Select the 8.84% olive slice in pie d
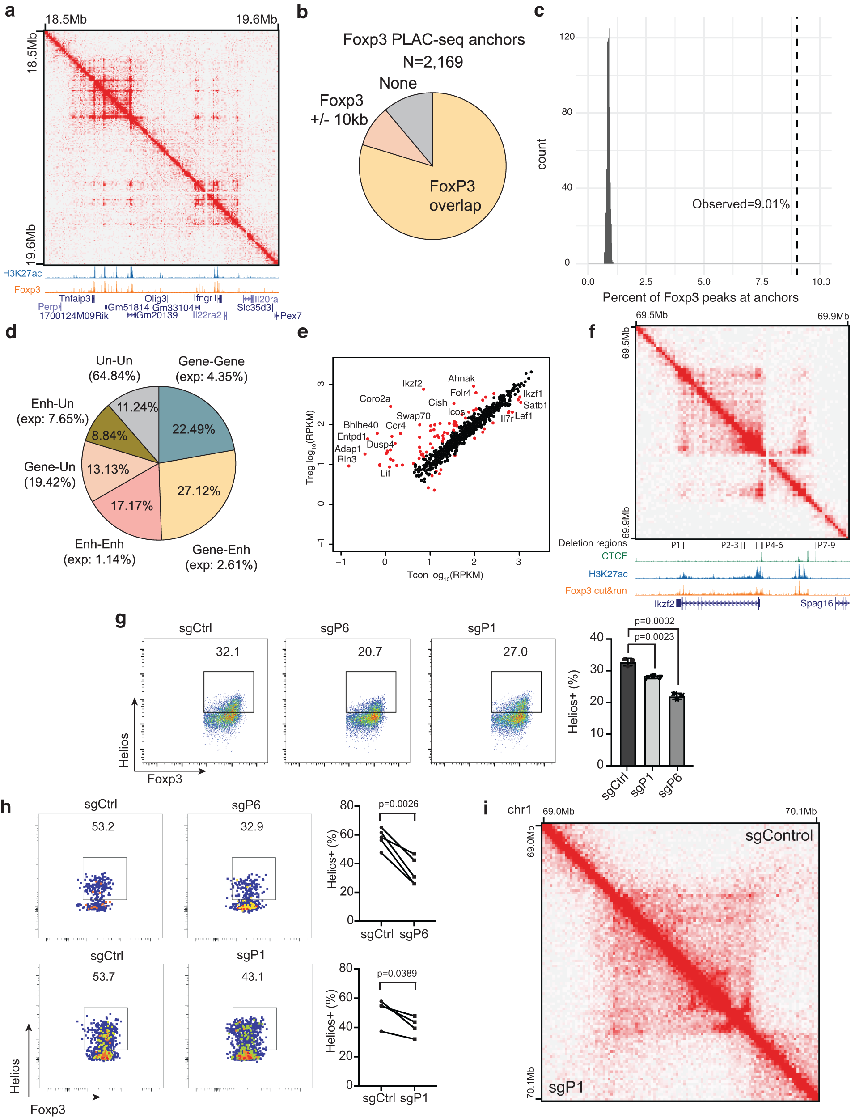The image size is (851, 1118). (x=110, y=436)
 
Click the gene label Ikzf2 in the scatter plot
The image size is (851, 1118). (x=412, y=383)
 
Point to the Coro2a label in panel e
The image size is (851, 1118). (x=375, y=398)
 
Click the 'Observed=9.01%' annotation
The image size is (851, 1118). (x=741, y=204)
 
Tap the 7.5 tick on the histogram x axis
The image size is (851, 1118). (x=762, y=282)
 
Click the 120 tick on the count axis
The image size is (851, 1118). (x=567, y=37)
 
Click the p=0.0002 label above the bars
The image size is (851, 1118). (x=654, y=621)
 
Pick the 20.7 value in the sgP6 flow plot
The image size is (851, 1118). (x=370, y=652)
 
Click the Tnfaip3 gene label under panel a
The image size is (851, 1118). (x=75, y=298)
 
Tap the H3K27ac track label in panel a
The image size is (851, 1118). (x=22, y=274)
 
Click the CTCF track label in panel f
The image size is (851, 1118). (x=614, y=556)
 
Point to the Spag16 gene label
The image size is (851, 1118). (x=816, y=603)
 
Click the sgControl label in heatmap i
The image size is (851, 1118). (x=779, y=835)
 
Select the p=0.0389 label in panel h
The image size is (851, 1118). (x=397, y=973)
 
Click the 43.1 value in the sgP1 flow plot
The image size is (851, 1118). (x=252, y=976)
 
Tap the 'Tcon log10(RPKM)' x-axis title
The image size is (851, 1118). (x=445, y=575)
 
